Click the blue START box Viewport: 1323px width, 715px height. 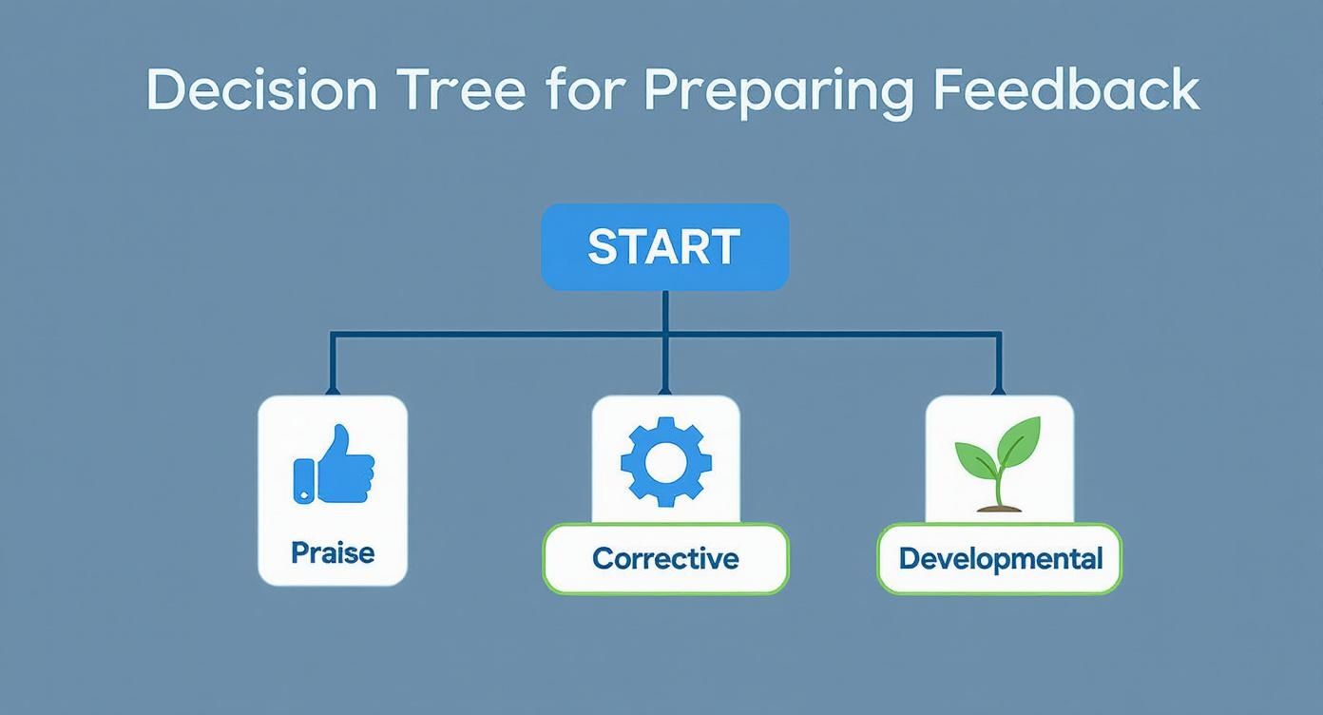point(664,246)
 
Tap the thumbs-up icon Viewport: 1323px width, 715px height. point(334,465)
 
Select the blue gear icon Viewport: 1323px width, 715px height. point(665,461)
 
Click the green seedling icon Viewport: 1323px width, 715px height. point(998,463)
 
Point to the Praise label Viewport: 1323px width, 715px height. point(333,552)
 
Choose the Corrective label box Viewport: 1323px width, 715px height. point(665,558)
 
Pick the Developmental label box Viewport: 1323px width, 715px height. point(1000,558)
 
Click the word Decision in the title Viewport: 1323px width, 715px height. point(261,90)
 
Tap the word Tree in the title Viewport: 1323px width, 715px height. point(460,90)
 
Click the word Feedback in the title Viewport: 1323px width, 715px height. point(1065,90)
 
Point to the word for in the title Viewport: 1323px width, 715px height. point(585,90)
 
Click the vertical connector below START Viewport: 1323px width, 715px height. point(664,312)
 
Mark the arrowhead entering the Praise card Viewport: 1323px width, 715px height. point(333,390)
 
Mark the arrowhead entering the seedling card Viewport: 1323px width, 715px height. point(998,390)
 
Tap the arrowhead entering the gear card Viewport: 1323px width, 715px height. point(664,390)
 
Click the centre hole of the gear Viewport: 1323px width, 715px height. point(665,461)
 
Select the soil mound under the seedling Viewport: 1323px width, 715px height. point(999,508)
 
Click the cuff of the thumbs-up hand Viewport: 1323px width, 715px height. point(303,480)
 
